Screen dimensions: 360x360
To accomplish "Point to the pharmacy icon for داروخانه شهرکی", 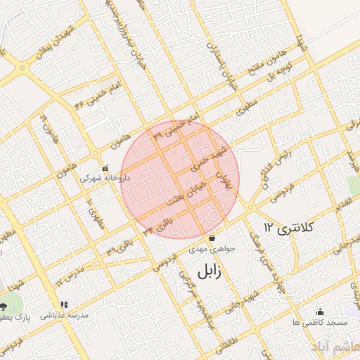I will [x=105, y=168].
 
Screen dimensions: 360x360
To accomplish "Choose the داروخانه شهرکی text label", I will [x=105, y=179].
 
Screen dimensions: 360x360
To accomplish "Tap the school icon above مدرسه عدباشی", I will [x=64, y=304].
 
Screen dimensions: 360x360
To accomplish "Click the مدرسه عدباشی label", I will [x=64, y=316].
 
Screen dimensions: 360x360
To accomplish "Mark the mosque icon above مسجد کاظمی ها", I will [x=321, y=311].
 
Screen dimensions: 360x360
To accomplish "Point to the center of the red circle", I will [x=180, y=179].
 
